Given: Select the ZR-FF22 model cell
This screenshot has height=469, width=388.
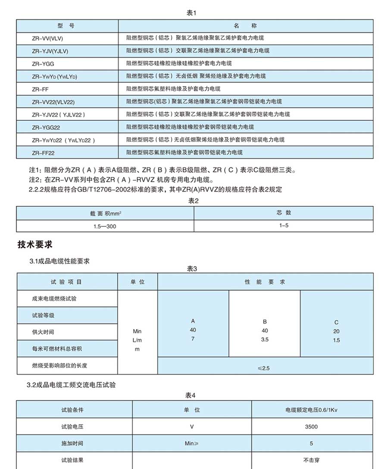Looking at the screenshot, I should pos(43,153).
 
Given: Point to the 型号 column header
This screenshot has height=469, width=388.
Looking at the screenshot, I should pos(66,26).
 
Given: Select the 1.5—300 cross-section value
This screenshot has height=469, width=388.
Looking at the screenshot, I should pos(105,226).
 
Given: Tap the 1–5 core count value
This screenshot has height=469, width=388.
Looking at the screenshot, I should pos(283,226).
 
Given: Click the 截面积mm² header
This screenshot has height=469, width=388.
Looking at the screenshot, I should pos(105,213).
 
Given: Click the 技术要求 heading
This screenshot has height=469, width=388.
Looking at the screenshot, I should pos(35,245).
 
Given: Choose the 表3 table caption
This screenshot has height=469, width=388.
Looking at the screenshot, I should pos(191,269).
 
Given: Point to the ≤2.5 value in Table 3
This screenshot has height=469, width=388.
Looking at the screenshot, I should pos(263,368).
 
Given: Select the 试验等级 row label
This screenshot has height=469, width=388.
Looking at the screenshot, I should pos(43,315).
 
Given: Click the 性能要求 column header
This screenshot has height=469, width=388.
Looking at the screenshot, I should pos(265,282).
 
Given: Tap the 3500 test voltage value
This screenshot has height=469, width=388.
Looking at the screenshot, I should pos(311,427).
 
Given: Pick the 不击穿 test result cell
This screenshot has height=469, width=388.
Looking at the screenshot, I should pos(311,460).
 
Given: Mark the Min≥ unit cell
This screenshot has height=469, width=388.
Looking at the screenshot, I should pos(191,443).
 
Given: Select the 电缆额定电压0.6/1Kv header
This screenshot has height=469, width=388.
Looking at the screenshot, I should pos(311,410).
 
